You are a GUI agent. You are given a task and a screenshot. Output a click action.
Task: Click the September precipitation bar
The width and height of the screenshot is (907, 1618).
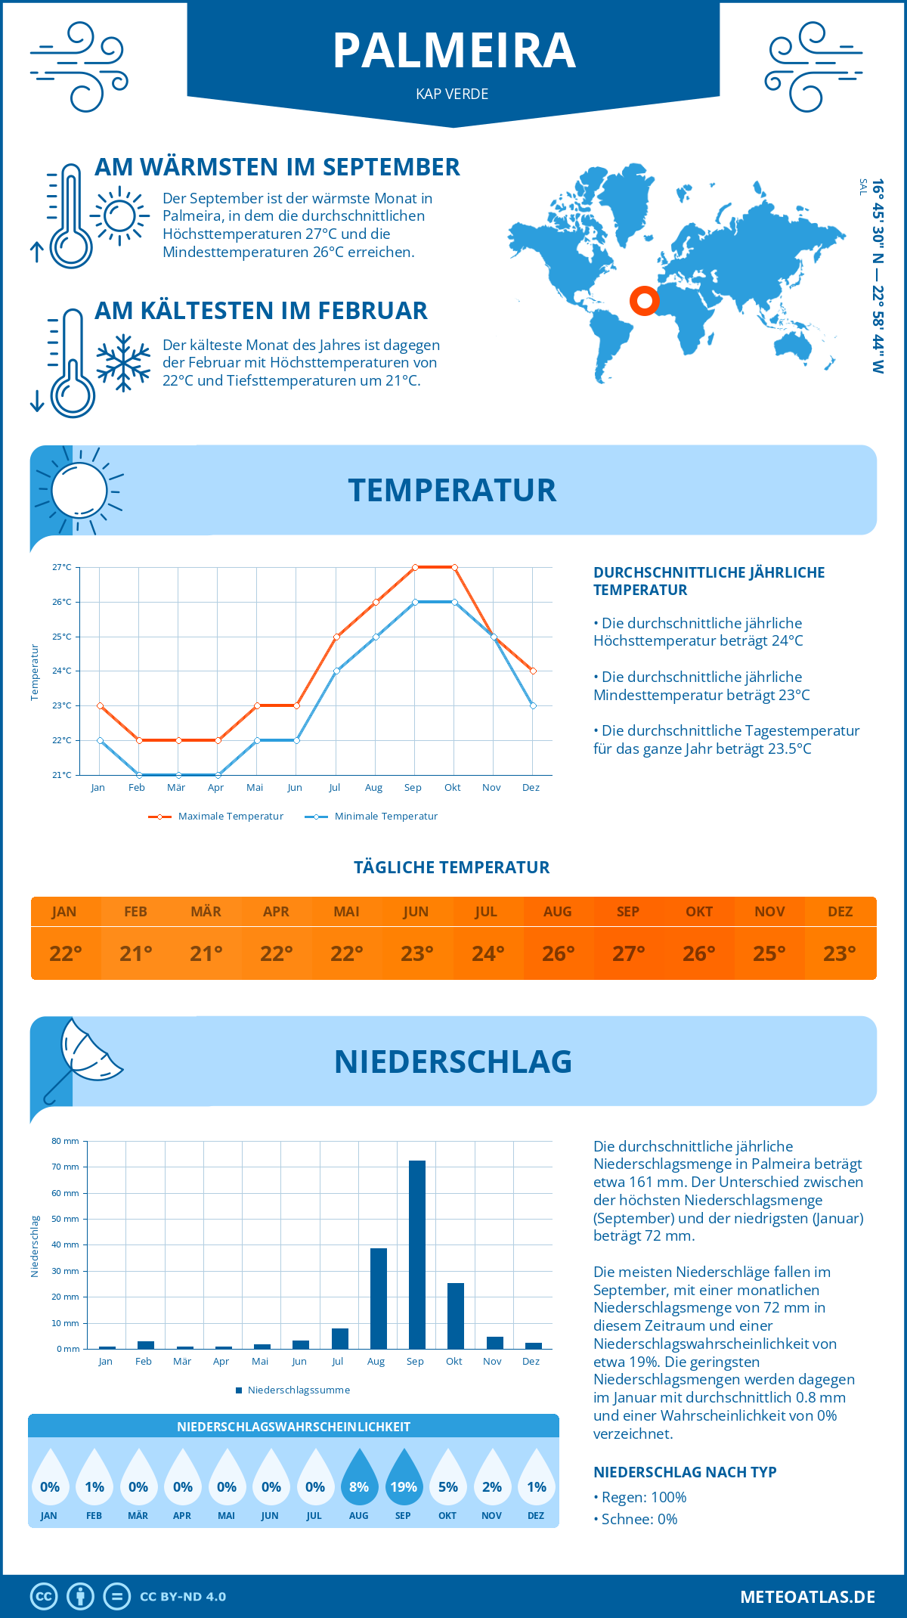[x=417, y=1255]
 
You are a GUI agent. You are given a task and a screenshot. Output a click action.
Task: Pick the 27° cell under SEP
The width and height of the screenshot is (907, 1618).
[x=628, y=953]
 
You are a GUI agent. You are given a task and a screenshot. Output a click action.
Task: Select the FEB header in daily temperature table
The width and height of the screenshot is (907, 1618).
[x=135, y=912]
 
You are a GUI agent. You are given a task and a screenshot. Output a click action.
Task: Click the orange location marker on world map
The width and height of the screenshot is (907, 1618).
[x=645, y=301]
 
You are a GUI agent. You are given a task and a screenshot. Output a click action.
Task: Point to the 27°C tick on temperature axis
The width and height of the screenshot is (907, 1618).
[x=62, y=567]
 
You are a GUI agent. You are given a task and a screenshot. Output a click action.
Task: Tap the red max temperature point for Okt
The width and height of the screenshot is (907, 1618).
[x=454, y=567]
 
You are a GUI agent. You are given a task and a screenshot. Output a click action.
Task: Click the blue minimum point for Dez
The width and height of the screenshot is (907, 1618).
[x=533, y=705]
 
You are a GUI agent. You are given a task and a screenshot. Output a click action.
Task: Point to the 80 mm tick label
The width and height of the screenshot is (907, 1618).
[x=65, y=1141]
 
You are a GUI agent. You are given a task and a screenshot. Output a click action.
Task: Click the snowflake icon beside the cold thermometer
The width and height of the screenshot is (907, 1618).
[x=123, y=363]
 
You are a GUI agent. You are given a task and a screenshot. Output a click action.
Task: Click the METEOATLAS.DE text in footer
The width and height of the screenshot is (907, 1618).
[x=807, y=1597]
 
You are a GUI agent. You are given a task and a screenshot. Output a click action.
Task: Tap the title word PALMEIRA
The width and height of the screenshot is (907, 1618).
[x=453, y=51]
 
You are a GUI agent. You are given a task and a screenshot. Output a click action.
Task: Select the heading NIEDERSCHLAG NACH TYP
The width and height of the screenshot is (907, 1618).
[x=685, y=1472]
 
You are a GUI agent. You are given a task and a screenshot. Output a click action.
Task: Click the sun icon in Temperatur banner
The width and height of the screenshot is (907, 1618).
[x=79, y=490]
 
